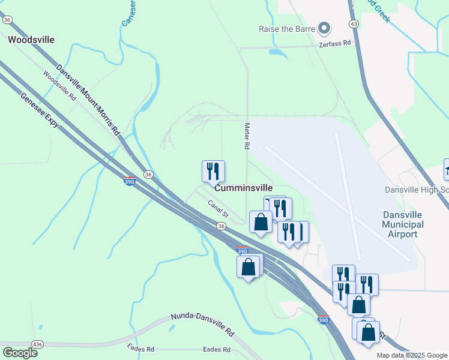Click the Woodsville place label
[x=31, y=40]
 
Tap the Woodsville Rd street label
[x=59, y=86]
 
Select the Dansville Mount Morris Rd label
[x=88, y=100]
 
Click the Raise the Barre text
[x=286, y=29]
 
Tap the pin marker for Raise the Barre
[x=325, y=28]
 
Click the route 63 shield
[x=354, y=24]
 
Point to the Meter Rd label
[x=246, y=136]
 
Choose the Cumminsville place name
[x=243, y=188]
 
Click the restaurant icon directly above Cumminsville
[x=213, y=171]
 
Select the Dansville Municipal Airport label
[x=403, y=224]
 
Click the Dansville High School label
[x=417, y=190]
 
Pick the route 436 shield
[x=37, y=344]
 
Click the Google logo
[x=20, y=352]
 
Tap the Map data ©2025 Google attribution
[x=411, y=355]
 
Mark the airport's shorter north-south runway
[x=348, y=192]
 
